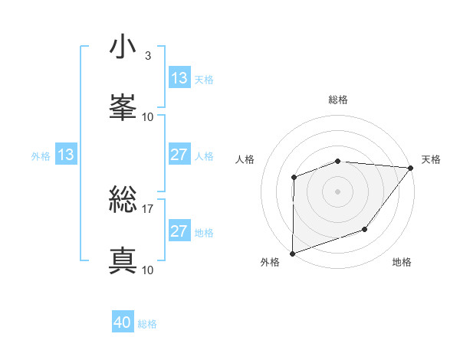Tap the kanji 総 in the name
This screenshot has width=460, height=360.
point(123,201)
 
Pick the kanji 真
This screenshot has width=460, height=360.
point(123,260)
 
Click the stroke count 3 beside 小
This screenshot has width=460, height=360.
point(147,56)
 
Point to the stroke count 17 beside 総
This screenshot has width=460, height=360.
point(148,209)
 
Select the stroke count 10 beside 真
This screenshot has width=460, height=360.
point(148,270)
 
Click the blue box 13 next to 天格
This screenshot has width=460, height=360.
point(179,78)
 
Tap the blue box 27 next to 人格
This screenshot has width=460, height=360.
point(179,155)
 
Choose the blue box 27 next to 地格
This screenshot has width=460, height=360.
point(179,231)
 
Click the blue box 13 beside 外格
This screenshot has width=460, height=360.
point(65,155)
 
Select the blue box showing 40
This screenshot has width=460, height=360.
point(123,323)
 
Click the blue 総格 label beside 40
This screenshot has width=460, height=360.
point(148,324)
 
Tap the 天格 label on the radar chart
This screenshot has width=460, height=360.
point(431,159)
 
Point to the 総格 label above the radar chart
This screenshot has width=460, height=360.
point(338,100)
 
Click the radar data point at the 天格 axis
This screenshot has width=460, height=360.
point(410,167)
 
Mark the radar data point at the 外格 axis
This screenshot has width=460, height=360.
point(293,253)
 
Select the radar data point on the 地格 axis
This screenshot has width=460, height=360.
point(366,229)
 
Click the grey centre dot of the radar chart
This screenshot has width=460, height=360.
point(338,191)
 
